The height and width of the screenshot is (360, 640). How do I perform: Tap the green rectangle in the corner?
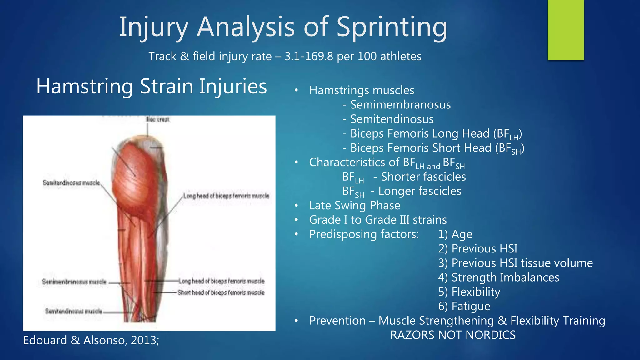click(x=566, y=30)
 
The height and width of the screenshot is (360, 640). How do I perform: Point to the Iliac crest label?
click(x=157, y=119)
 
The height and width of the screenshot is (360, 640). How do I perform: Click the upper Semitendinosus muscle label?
click(x=71, y=183)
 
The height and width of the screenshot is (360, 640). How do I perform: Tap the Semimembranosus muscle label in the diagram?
click(x=74, y=282)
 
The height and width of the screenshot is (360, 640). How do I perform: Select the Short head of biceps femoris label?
click(x=221, y=293)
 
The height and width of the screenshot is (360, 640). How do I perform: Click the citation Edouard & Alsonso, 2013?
click(x=91, y=340)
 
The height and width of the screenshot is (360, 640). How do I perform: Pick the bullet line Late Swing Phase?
click(x=354, y=206)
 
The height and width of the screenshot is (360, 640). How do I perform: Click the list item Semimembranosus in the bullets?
click(x=400, y=105)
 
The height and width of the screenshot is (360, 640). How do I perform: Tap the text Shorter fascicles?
click(x=423, y=177)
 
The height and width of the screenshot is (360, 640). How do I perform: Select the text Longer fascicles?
click(x=419, y=191)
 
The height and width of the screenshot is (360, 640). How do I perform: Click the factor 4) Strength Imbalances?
click(x=498, y=277)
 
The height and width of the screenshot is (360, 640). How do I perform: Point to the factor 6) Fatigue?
click(x=464, y=306)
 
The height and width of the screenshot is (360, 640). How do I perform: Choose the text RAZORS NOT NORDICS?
click(x=452, y=335)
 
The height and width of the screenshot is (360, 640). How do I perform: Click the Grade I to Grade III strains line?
click(x=377, y=220)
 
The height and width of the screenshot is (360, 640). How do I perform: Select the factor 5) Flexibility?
click(x=469, y=292)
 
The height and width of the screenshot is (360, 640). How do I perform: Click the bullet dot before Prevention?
click(x=296, y=321)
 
